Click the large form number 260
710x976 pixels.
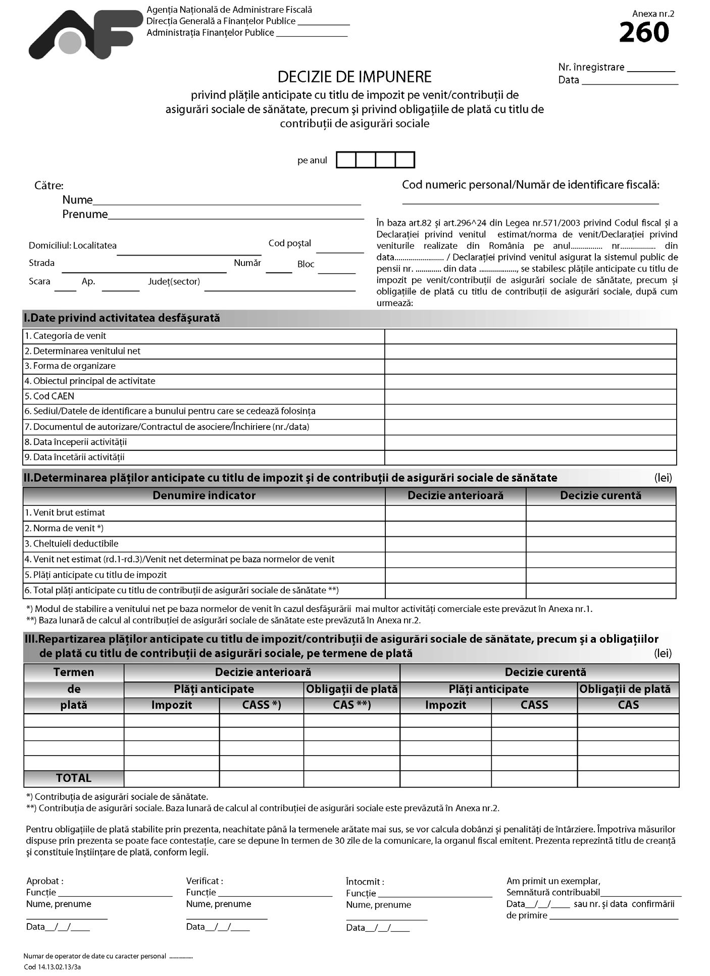click(644, 33)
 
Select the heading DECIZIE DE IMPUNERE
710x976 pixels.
click(354, 77)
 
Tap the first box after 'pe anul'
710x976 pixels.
click(346, 160)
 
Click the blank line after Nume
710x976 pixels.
click(227, 200)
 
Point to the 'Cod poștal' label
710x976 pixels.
click(290, 244)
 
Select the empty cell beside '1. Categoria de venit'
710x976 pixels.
click(530, 336)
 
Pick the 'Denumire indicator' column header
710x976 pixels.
click(204, 496)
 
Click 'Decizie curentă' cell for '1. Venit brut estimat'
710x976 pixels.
click(600, 513)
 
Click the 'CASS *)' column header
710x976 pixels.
click(262, 705)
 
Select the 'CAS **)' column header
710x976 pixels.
click(351, 705)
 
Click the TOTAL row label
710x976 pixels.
click(74, 778)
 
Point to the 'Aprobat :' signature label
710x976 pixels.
click(45, 881)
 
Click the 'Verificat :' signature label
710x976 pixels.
click(205, 881)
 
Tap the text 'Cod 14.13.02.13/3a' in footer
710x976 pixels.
click(52, 967)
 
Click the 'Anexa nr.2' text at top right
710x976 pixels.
click(653, 14)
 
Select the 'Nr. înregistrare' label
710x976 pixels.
click(591, 67)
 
